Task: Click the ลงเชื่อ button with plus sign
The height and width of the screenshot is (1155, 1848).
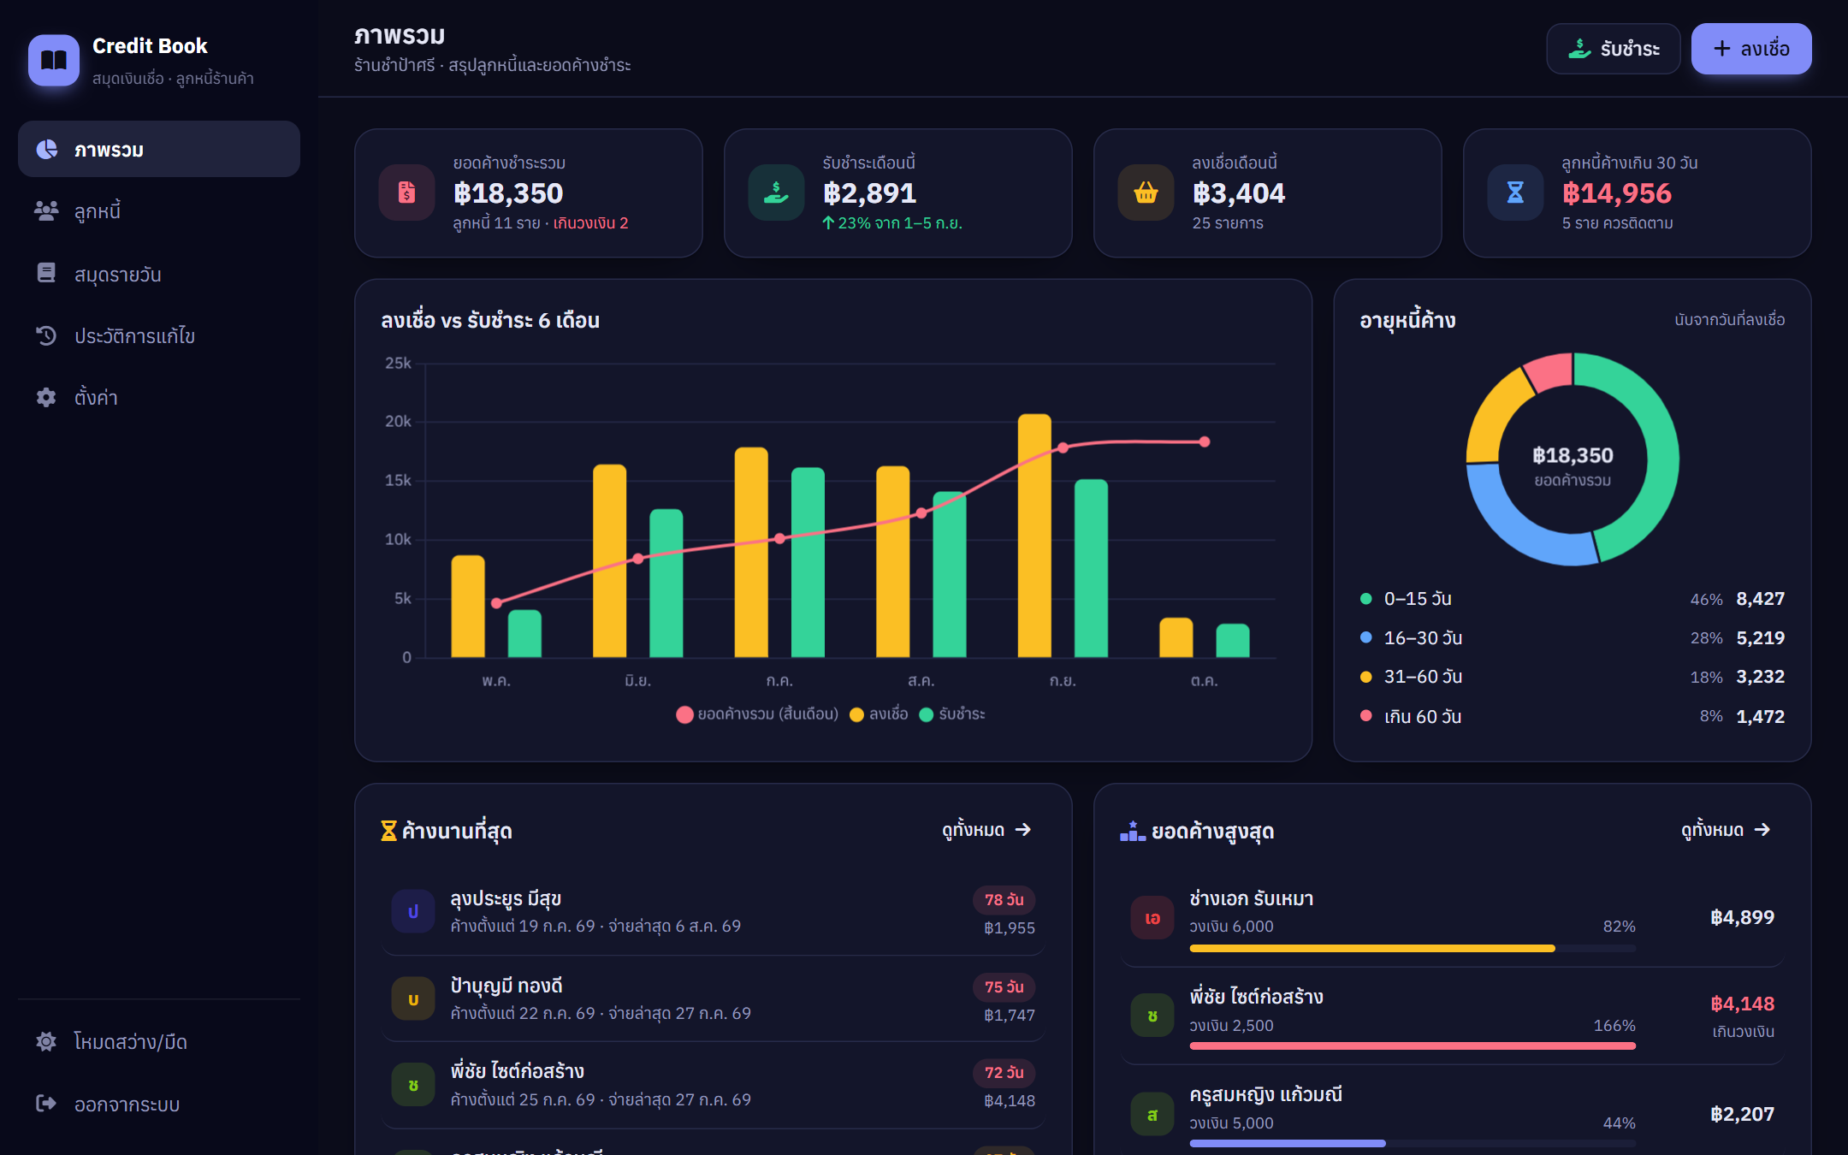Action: [1750, 49]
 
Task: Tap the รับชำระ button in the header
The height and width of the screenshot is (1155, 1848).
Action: [1613, 49]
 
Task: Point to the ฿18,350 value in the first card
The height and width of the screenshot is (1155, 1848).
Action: [508, 193]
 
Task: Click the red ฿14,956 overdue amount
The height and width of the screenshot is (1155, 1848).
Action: [1616, 193]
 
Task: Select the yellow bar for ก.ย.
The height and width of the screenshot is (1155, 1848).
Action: [1034, 536]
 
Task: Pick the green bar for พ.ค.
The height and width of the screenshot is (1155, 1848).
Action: [524, 633]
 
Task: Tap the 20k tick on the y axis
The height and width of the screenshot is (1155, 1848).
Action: [398, 421]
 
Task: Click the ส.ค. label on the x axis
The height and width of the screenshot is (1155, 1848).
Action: [921, 681]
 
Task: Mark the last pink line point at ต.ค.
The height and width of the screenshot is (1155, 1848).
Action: [1204, 441]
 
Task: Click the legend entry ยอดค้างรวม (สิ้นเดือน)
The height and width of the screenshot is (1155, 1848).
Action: [757, 714]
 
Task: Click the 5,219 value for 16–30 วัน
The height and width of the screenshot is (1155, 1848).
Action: [1760, 637]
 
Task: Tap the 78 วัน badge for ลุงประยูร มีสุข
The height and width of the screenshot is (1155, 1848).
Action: [1004, 899]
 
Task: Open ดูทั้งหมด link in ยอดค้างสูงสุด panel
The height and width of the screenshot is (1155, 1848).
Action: [1725, 830]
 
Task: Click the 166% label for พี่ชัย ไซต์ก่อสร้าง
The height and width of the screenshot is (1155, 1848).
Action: [1614, 1025]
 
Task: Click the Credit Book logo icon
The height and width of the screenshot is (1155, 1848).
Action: [54, 60]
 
